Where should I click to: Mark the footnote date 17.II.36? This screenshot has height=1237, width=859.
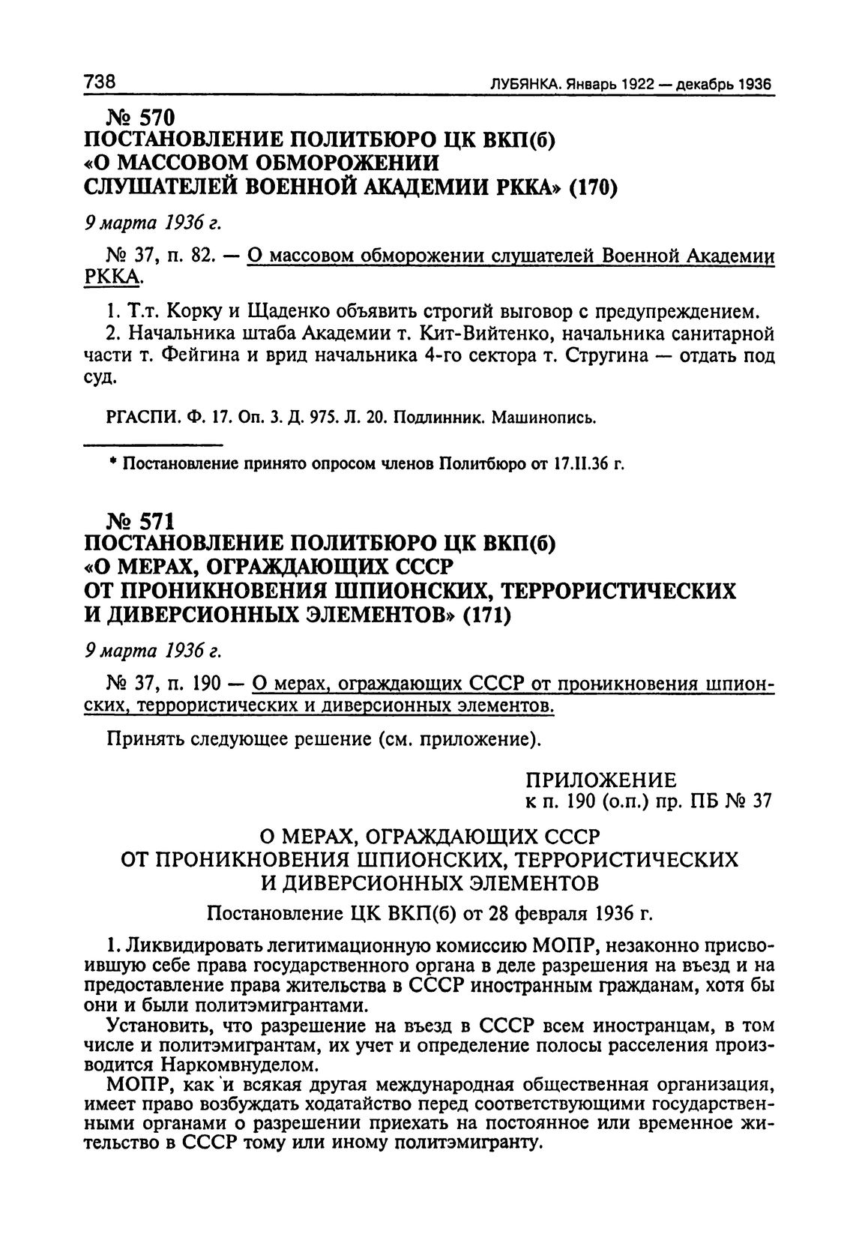click(581, 465)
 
